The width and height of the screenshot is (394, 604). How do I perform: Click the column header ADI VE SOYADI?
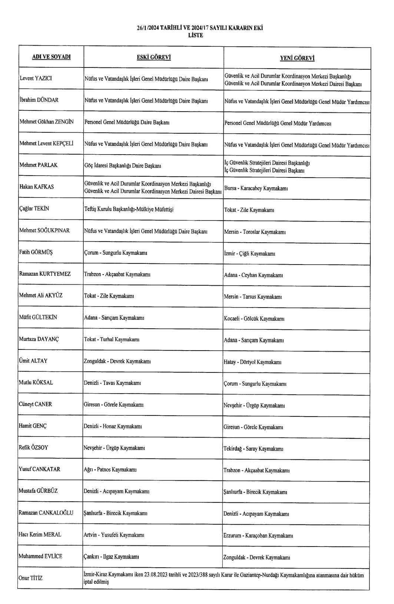point(51,57)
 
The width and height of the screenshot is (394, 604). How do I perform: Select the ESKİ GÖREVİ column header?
point(153,57)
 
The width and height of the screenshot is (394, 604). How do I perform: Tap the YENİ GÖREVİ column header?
point(297,58)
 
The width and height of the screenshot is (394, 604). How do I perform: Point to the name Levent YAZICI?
point(36,79)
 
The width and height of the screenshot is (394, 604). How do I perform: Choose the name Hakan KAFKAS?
point(36,187)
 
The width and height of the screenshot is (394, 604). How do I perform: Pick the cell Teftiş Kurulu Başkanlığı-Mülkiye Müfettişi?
point(129,209)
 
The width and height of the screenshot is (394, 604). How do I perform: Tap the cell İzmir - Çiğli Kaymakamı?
point(249,254)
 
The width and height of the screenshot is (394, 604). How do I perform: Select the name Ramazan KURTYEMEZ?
point(44,274)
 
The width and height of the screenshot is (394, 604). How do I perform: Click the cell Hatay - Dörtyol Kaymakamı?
point(252,362)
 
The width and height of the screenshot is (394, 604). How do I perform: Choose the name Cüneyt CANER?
point(35,404)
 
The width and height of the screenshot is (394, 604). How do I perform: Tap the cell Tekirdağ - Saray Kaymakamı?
point(254,449)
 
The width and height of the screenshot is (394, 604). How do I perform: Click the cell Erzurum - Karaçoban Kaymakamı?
point(258,535)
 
